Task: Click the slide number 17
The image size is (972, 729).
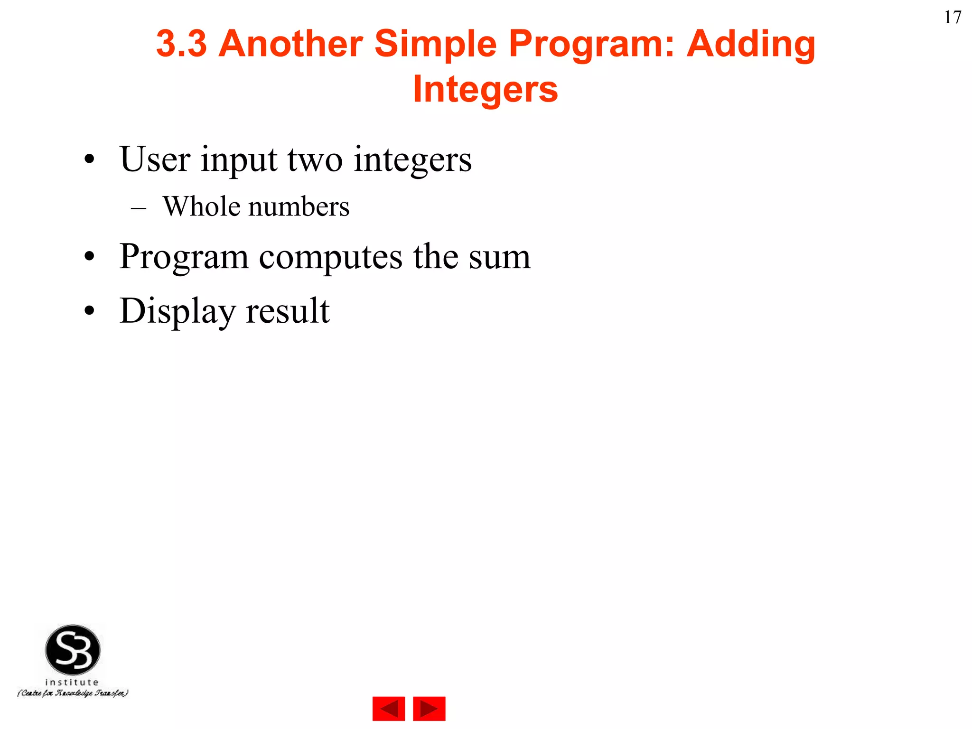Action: point(953,18)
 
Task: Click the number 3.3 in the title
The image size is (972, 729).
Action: point(181,44)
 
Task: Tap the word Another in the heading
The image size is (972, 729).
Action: point(290,44)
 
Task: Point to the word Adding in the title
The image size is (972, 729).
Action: point(751,44)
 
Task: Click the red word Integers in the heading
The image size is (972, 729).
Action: point(485,89)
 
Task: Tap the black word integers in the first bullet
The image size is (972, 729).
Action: point(412,160)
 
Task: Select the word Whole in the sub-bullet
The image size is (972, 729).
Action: point(201,206)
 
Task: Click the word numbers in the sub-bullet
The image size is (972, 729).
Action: point(299,207)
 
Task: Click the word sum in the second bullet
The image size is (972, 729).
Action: point(499,257)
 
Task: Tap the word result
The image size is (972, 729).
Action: point(288,311)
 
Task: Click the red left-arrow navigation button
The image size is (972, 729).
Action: point(388,709)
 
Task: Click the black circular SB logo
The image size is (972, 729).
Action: point(73,650)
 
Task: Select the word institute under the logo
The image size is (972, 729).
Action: point(72,682)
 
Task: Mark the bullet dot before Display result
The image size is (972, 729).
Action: point(89,311)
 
